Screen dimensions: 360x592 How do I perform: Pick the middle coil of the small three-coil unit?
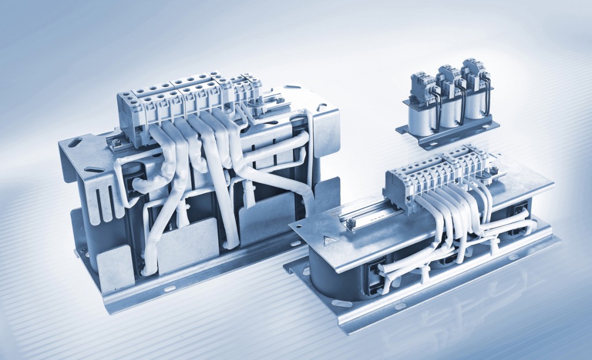coord(447,112)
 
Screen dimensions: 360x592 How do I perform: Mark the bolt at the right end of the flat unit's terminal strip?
coord(494,170)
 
